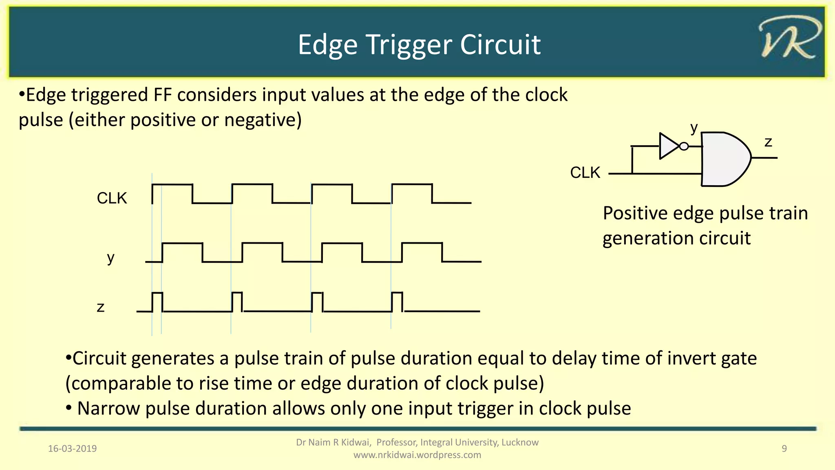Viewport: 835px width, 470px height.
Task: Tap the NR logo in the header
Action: click(789, 39)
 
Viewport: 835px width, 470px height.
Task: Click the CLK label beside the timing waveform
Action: click(112, 198)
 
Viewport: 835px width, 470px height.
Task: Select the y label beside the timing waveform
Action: click(110, 258)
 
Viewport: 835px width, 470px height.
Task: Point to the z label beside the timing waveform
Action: click(101, 307)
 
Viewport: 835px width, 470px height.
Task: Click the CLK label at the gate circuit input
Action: click(585, 173)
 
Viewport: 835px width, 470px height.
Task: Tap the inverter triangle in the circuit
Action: click(668, 146)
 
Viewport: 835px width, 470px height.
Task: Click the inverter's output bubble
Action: click(684, 146)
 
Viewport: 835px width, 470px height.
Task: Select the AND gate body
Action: click(724, 159)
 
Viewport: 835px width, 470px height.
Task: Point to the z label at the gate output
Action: click(768, 142)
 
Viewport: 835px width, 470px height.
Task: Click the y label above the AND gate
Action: click(694, 128)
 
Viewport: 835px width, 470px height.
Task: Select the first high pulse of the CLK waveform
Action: click(172, 193)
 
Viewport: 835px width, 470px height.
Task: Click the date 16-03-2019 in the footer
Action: click(73, 449)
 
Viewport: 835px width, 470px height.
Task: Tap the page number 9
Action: click(784, 449)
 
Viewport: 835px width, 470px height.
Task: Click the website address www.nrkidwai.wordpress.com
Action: click(417, 455)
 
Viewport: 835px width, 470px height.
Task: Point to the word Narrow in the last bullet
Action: click(108, 408)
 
